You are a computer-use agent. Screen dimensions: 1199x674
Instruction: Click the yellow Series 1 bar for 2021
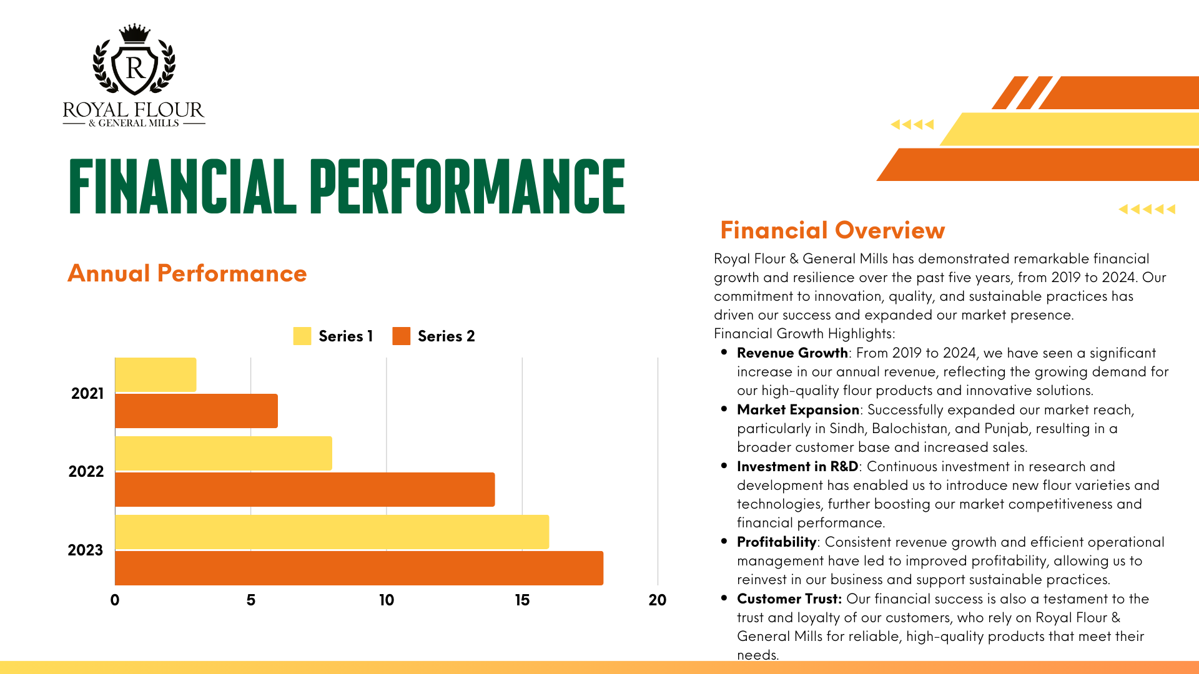(x=155, y=374)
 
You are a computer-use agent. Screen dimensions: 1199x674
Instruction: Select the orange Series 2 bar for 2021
(x=197, y=411)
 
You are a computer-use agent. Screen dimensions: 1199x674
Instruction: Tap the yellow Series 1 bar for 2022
(x=224, y=453)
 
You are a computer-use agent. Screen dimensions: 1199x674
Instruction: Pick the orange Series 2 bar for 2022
(x=305, y=489)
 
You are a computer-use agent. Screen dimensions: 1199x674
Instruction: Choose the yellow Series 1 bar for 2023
(x=332, y=532)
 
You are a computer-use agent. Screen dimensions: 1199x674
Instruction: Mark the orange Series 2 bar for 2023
(x=359, y=568)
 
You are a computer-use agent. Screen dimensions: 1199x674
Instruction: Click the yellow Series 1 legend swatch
(x=302, y=336)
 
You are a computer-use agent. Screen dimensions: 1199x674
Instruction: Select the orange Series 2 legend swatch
(x=402, y=336)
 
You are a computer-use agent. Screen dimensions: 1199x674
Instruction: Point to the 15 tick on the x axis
(x=522, y=600)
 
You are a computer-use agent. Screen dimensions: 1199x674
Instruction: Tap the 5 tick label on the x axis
(x=250, y=600)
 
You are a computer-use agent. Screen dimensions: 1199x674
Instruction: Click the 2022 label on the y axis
(x=86, y=471)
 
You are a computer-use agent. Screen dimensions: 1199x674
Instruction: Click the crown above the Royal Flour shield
(x=134, y=34)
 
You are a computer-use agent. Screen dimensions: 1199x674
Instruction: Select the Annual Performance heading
(x=187, y=273)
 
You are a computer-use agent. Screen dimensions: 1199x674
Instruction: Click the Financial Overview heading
(x=832, y=230)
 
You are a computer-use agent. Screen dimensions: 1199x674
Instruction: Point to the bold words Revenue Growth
(x=792, y=353)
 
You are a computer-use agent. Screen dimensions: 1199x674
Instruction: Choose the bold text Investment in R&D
(x=797, y=466)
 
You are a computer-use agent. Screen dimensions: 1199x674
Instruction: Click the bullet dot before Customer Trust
(x=724, y=597)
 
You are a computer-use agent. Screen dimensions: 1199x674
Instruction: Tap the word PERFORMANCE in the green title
(x=467, y=185)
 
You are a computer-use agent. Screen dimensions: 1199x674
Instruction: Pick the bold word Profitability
(x=777, y=542)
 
